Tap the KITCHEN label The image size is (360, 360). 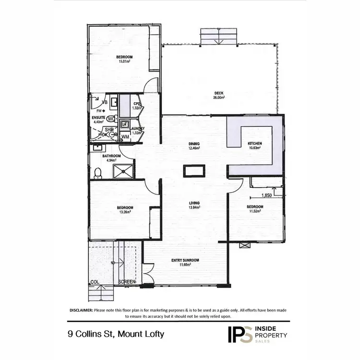click(x=254, y=144)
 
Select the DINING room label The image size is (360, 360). click(x=194, y=144)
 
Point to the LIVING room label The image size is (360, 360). click(x=194, y=203)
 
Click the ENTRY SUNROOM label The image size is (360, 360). click(x=185, y=260)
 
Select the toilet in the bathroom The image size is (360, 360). click(x=98, y=171)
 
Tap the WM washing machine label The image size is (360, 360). click(x=125, y=137)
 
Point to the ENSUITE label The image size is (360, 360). click(x=98, y=117)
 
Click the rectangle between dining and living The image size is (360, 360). click(x=194, y=170)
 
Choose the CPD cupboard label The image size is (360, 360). click(x=136, y=103)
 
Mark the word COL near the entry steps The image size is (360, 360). click(x=95, y=282)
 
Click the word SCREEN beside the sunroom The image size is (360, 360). click(x=127, y=282)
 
